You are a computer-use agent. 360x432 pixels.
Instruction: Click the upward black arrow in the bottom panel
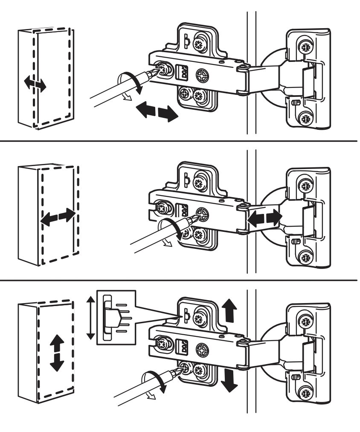click(x=229, y=310)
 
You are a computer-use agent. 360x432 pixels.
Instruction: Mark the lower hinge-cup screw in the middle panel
click(x=305, y=257)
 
